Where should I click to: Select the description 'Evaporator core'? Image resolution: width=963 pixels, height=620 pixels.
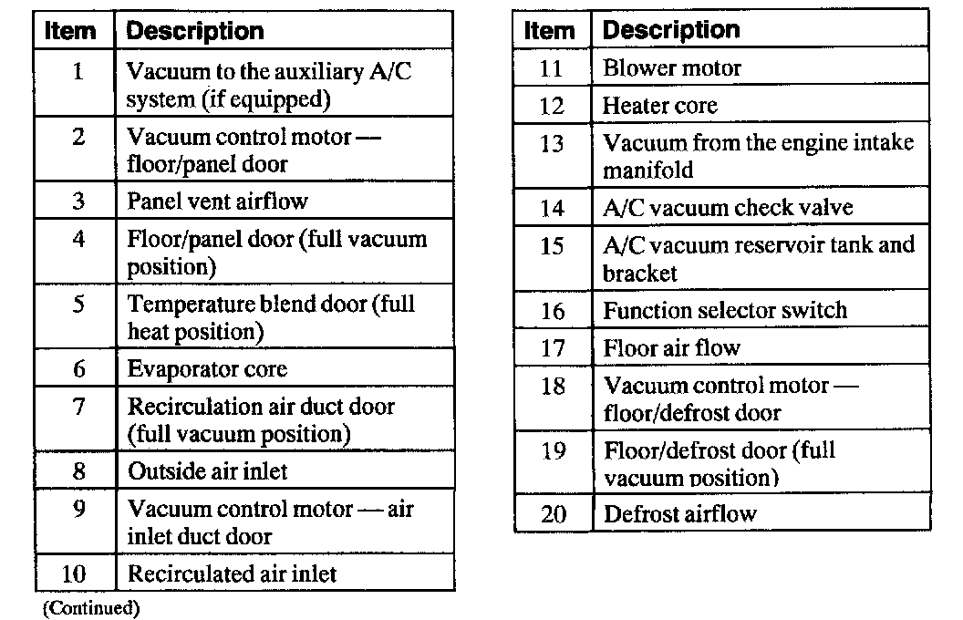[x=207, y=369]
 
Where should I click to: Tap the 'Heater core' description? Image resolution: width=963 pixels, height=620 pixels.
[x=659, y=106]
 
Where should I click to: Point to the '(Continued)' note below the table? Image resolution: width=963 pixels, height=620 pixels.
[x=90, y=606]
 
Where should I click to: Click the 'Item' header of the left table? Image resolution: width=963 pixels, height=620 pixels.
[x=70, y=30]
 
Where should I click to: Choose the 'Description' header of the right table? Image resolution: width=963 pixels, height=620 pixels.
[x=671, y=30]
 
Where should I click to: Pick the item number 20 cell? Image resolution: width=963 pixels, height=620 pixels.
[x=554, y=514]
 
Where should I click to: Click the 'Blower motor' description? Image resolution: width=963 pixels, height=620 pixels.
[x=671, y=68]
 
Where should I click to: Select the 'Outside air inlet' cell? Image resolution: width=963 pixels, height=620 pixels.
[x=207, y=471]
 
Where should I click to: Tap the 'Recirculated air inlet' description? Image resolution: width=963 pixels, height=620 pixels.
[x=232, y=573]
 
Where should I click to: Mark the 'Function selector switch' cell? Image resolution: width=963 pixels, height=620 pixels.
[x=724, y=310]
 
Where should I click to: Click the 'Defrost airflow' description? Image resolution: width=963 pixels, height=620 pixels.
[x=679, y=514]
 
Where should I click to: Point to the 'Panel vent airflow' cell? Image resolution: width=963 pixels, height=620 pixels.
[x=217, y=201]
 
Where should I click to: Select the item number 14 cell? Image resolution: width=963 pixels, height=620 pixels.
[x=553, y=208]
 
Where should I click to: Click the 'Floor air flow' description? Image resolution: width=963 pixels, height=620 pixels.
[x=671, y=347]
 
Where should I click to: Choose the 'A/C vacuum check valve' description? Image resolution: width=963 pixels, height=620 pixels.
[x=727, y=208]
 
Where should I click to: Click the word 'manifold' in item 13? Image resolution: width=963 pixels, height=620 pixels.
[x=647, y=170]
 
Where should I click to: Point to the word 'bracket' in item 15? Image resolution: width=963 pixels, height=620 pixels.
[x=640, y=273]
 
